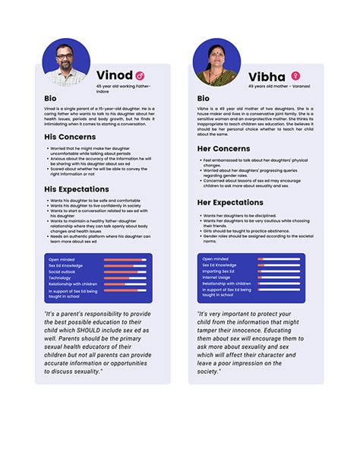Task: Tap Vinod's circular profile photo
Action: (66, 61)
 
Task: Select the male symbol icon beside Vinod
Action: (140, 76)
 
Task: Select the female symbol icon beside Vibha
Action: (295, 76)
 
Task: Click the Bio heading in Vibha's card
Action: (203, 99)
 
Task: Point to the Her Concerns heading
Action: (223, 149)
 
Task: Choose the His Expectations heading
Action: (76, 189)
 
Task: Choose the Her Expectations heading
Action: (230, 203)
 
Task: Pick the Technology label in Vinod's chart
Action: (60, 277)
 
